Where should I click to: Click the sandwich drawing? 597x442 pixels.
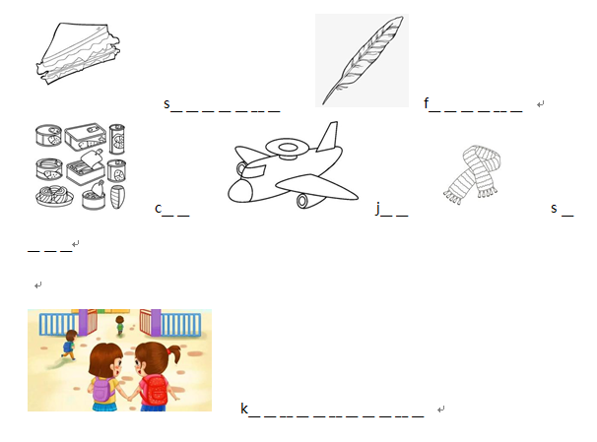click(78, 53)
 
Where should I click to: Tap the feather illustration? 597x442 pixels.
click(362, 60)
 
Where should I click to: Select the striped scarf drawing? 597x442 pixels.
click(473, 174)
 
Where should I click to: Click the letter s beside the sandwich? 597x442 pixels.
click(166, 103)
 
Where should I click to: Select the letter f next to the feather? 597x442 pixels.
click(426, 102)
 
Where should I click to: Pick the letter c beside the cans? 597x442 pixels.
click(159, 209)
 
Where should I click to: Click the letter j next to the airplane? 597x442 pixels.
click(377, 208)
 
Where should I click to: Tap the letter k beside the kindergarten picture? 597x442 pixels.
click(244, 409)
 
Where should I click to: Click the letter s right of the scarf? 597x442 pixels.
click(554, 209)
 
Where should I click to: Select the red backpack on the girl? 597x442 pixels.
click(156, 389)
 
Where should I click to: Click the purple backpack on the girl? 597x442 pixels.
click(102, 389)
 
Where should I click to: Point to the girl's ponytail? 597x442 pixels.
click(174, 353)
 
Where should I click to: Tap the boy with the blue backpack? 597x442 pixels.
click(69, 345)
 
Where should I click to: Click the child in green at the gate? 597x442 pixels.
click(119, 325)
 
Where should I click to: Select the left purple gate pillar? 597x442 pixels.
click(83, 322)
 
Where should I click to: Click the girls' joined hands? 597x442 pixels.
click(130, 398)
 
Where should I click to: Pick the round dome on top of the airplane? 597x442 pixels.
click(288, 148)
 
